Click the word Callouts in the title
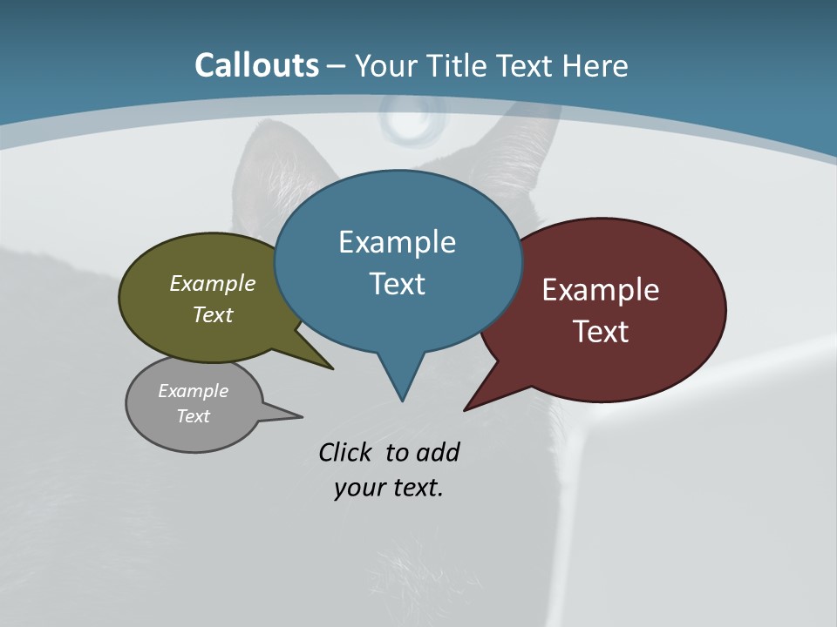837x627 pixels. point(256,65)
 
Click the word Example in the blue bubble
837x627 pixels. point(397,242)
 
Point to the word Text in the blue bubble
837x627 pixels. point(397,283)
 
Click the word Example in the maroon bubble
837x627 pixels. point(601,290)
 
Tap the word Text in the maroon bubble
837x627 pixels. point(601,331)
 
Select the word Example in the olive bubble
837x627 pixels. point(213,283)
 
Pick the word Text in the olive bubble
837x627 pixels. point(213,314)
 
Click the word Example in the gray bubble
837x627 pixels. point(194,391)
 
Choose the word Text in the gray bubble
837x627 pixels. point(194,416)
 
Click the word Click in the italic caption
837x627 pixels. point(344,452)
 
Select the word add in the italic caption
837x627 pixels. point(438,452)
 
